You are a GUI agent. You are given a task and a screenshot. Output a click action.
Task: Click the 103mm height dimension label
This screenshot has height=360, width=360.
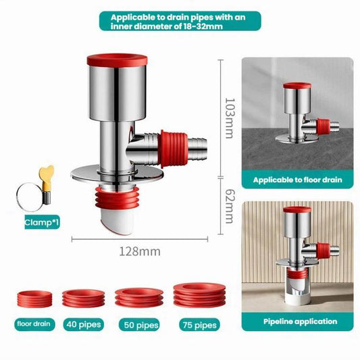pos(230,118)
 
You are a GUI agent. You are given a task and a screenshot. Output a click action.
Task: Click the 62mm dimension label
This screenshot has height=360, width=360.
pos(230,206)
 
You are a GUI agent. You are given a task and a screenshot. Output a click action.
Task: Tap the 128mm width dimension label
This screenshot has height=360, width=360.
pos(140,252)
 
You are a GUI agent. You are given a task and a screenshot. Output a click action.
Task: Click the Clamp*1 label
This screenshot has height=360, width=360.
pos(42,222)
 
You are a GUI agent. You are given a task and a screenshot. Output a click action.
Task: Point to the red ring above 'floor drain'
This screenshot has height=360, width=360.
pos(34,299)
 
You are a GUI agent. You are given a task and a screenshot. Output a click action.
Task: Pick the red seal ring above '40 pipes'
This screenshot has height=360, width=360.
pos(84,299)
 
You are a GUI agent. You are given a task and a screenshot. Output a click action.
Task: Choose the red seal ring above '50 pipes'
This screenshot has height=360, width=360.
pos(139,297)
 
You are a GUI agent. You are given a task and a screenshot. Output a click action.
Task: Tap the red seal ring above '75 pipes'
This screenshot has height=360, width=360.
pos(199,295)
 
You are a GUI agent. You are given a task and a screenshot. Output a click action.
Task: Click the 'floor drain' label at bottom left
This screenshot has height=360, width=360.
pos(34,324)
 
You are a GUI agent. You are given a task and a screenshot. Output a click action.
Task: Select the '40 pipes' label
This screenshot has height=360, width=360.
pos(84,325)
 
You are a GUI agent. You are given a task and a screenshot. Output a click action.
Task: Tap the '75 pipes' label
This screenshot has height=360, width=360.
pos(199,325)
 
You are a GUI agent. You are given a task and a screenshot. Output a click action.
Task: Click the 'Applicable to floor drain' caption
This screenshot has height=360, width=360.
pos(298,180)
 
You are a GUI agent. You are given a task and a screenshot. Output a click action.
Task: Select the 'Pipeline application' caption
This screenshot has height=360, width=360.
pos(300,322)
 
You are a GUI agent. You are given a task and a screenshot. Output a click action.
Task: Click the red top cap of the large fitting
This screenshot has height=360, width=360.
pos(117,60)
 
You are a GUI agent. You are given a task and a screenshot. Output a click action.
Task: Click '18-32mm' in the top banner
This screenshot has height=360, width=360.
pos(203,26)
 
